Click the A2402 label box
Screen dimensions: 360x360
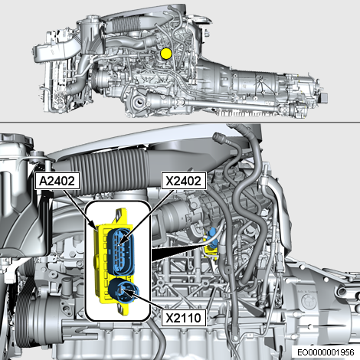(57, 181)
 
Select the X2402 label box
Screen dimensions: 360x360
(184, 181)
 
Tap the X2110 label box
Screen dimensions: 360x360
(184, 318)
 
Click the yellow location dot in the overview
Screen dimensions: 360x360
(166, 53)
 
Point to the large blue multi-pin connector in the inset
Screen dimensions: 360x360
(121, 252)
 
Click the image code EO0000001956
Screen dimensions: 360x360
(326, 352)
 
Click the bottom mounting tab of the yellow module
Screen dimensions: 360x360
(123, 308)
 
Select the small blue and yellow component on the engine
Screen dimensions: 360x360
(211, 244)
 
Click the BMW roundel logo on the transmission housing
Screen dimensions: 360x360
(309, 302)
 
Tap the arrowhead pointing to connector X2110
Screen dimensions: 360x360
(128, 293)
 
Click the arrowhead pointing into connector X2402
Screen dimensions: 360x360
(122, 240)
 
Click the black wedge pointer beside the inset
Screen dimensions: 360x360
(178, 252)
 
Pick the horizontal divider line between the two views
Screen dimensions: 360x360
(180, 123)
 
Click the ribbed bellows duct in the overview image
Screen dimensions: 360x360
(122, 25)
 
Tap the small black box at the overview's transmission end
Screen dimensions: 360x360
(323, 98)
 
